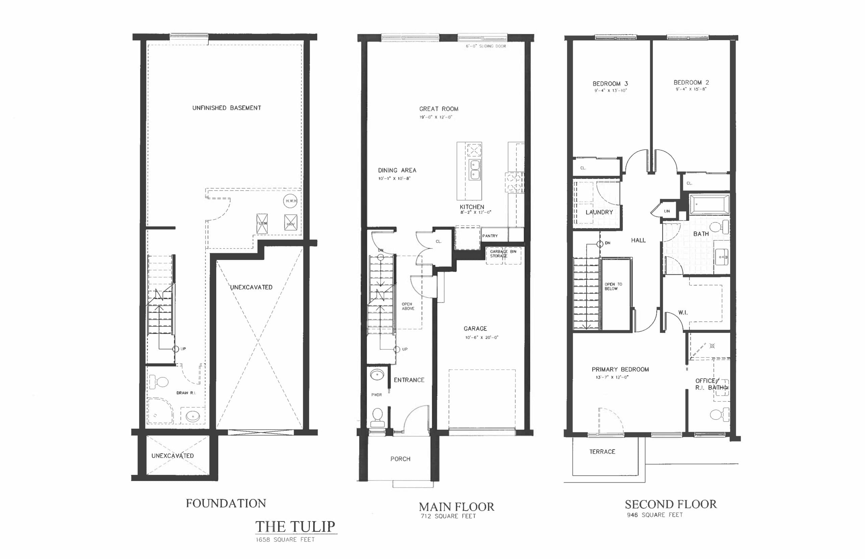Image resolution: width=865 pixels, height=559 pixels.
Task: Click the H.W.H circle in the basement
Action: (290, 201)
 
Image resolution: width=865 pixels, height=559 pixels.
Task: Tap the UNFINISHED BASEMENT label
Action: (226, 108)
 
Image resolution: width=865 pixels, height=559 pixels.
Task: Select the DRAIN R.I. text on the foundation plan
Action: (186, 393)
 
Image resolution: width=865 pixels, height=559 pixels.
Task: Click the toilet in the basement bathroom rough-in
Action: (159, 382)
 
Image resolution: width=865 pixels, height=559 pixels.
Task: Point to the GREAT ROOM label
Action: (439, 109)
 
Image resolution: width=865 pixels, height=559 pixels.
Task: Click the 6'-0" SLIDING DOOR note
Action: (486, 47)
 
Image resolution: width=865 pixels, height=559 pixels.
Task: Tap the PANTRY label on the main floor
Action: (490, 236)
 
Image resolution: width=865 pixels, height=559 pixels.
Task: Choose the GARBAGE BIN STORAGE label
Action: (503, 254)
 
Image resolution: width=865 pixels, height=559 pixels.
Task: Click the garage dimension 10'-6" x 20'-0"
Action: (481, 338)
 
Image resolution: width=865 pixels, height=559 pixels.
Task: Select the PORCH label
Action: (400, 459)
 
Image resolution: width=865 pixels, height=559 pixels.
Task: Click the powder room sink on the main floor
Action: (377, 374)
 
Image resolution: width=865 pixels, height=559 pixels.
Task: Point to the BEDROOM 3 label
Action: (610, 84)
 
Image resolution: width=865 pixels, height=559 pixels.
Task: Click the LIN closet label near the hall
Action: (667, 211)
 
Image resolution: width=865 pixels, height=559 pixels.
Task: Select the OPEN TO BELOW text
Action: (613, 286)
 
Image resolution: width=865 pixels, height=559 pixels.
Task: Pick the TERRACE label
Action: (602, 452)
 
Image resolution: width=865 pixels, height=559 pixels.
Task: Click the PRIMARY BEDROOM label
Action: (620, 370)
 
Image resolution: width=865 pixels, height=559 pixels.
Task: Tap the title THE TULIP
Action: (295, 526)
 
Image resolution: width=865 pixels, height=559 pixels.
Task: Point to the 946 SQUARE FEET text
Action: (654, 515)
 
